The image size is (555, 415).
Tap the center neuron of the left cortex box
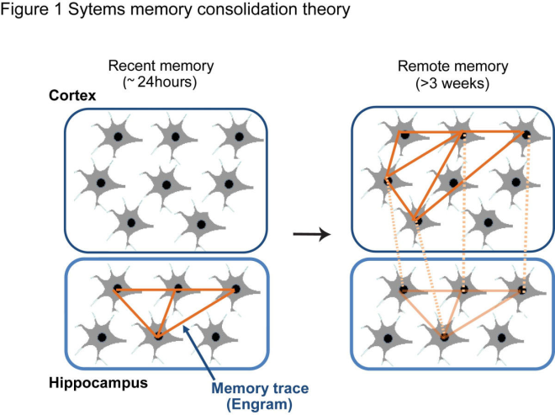tap(165, 184)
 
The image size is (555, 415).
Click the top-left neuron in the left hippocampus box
tap(116, 290)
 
